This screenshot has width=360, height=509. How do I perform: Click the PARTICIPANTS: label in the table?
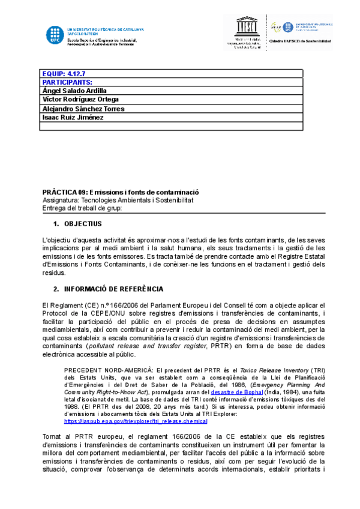(67, 82)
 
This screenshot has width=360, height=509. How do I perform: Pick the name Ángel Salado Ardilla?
(74, 91)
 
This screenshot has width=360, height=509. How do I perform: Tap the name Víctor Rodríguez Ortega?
(80, 100)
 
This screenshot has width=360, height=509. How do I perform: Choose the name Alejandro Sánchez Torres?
(83, 109)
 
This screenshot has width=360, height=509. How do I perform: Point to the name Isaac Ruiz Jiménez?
(73, 118)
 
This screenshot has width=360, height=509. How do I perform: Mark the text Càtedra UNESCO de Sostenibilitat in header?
(300, 41)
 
